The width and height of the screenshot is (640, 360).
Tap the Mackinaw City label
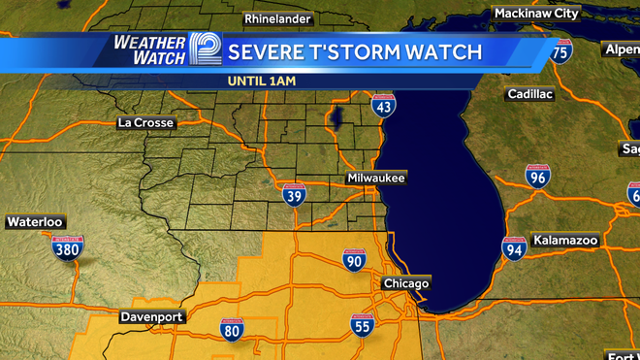tap(536, 14)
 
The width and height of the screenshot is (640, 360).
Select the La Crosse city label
tap(145, 123)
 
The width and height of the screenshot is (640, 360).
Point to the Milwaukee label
tap(376, 179)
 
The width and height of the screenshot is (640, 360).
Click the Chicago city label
tap(405, 283)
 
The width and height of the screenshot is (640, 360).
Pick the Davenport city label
tap(152, 317)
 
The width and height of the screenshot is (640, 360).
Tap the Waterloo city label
tap(34, 222)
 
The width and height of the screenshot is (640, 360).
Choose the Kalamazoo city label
tap(565, 240)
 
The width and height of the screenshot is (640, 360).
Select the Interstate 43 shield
tap(383, 105)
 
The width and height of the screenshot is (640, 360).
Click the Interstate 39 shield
tap(294, 194)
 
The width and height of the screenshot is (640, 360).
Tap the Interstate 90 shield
tap(354, 259)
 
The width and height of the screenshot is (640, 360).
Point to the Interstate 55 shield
tap(363, 325)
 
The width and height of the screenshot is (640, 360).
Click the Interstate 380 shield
tap(67, 249)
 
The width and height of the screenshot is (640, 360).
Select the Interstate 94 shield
tap(514, 248)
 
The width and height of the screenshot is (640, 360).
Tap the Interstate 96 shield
tap(538, 176)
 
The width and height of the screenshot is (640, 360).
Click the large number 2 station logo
tap(206, 51)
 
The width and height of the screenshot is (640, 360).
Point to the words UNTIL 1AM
tap(262, 81)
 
